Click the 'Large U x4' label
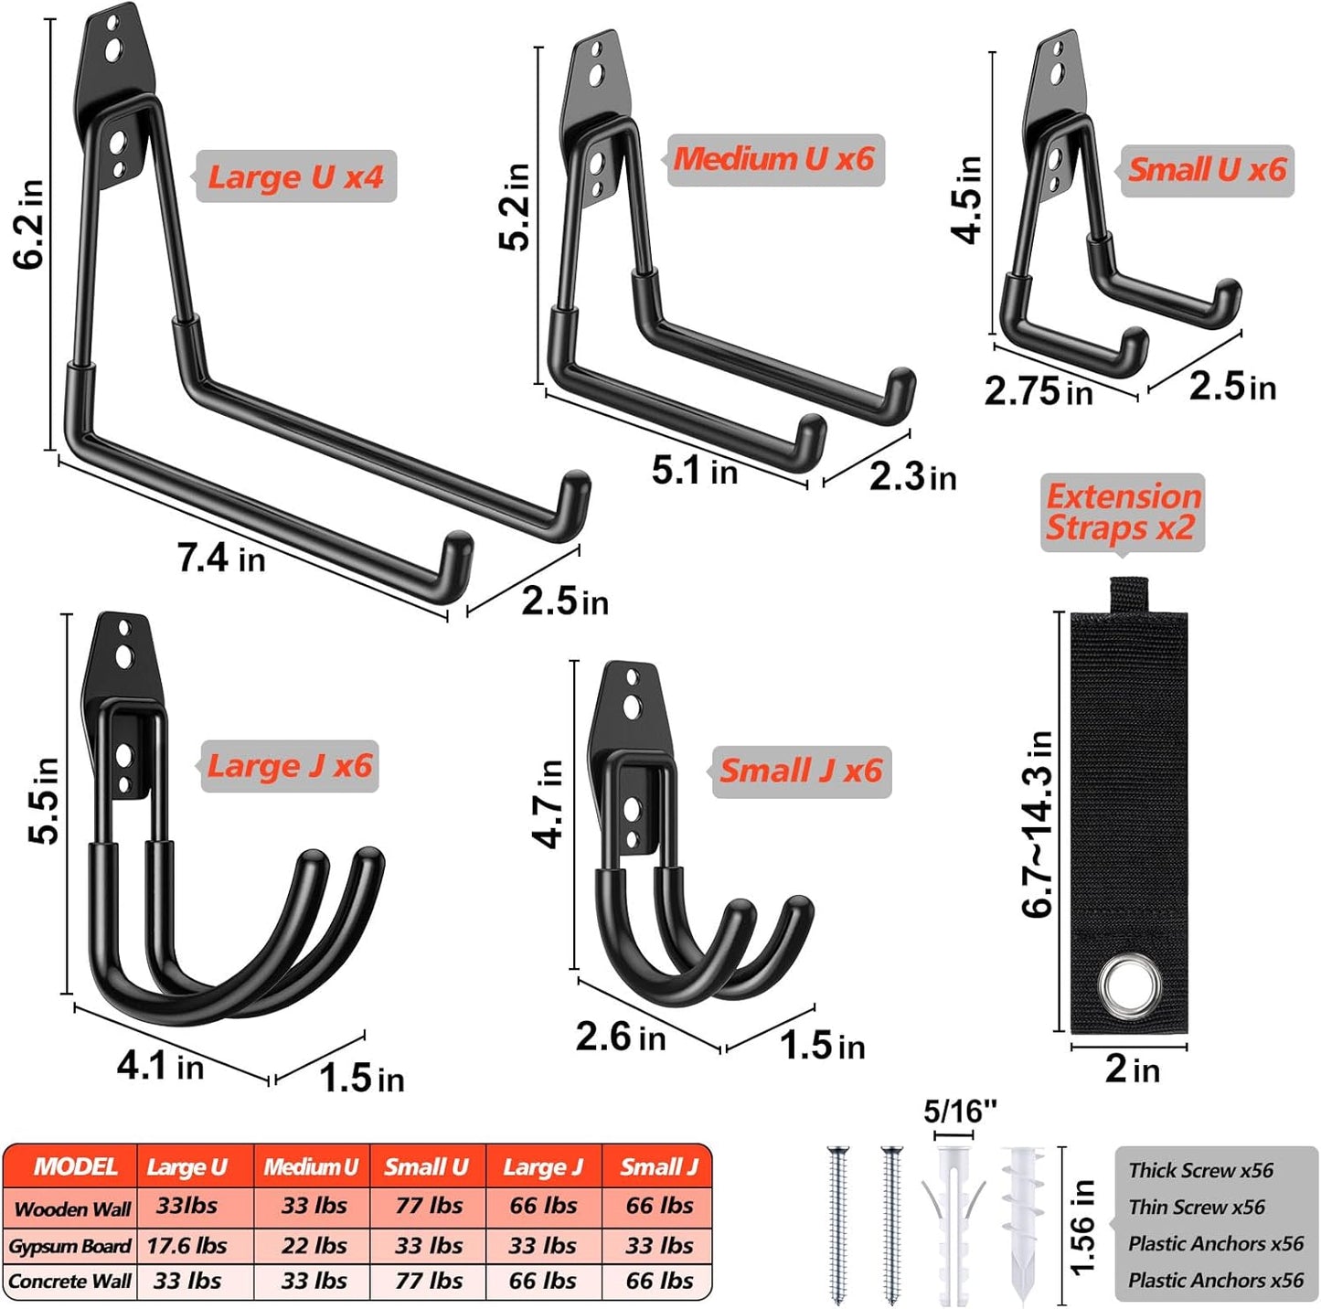point(295,176)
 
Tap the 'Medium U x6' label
point(774,159)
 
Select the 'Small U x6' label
point(1207,170)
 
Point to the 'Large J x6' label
point(289,765)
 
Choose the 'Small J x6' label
point(801,771)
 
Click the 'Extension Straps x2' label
point(1122,512)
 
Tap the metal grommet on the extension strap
point(1130,986)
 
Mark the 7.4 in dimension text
point(221,558)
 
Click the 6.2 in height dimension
point(29,224)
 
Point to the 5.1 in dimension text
point(694,471)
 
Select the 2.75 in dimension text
point(1039,391)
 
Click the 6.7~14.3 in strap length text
point(1039,823)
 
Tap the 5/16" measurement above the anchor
point(959,1112)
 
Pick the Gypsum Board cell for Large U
point(187,1245)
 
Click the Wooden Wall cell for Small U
point(428,1206)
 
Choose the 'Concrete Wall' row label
point(69,1282)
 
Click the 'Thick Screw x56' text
point(1200,1170)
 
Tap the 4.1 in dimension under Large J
point(160,1066)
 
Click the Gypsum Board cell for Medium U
point(313,1245)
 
